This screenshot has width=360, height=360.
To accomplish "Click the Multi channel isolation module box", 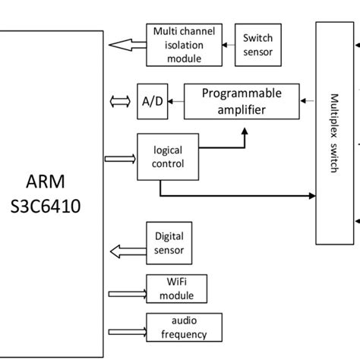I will click(x=183, y=44).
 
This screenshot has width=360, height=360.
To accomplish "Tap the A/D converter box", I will click(x=150, y=101).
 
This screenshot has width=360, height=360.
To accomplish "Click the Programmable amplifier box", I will click(x=241, y=101).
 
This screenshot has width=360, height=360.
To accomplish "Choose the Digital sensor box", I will click(x=169, y=243).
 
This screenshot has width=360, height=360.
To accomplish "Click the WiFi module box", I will click(x=175, y=289).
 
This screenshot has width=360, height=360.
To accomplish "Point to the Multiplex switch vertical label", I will click(x=335, y=134).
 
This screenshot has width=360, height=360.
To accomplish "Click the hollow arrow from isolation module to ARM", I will click(x=127, y=45).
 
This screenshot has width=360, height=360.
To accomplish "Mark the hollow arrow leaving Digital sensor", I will click(x=127, y=250).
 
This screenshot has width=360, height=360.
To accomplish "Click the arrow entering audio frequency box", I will click(x=127, y=330).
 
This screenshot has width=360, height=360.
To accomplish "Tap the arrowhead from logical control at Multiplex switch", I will click(x=311, y=196).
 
